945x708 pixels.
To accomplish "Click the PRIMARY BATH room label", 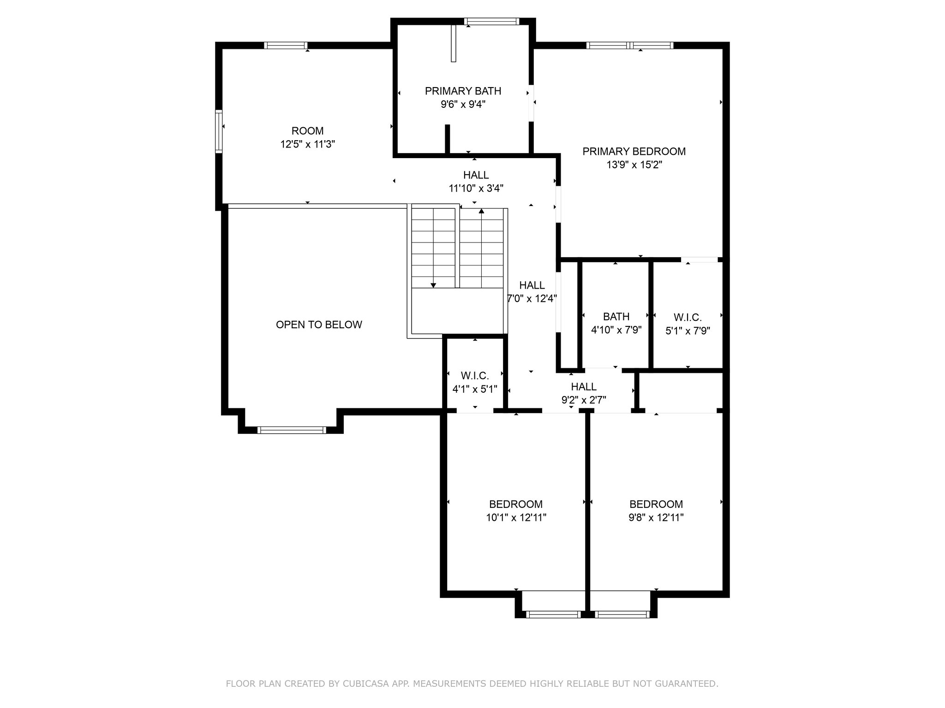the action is [463, 91].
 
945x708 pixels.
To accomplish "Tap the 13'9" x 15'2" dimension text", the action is [634, 165].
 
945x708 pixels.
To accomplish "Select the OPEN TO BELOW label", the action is [319, 324].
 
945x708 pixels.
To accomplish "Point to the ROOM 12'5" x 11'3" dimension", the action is [307, 144].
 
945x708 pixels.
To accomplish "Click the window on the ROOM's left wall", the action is [219, 131].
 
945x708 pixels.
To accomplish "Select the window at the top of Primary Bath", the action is [491, 21].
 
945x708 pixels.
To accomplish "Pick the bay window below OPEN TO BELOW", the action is [292, 430].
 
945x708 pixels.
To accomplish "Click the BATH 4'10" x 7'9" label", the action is [616, 323].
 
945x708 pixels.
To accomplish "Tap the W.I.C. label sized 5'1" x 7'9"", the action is [688, 324].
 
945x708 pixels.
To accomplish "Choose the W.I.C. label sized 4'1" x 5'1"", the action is [475, 382].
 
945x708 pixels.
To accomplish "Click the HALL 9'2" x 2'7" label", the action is [584, 393].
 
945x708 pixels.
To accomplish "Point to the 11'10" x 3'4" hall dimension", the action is [476, 188].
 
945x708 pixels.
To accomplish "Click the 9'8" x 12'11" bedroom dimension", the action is [656, 517].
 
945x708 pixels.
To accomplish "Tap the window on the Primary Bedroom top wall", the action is [630, 45].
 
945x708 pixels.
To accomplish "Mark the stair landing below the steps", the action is [457, 311].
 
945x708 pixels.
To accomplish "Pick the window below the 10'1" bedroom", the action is [553, 614].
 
